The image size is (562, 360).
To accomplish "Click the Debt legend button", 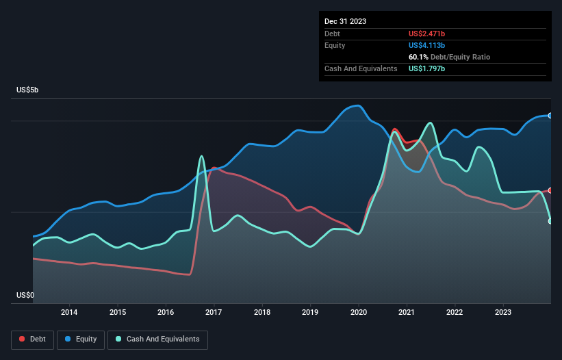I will (x=33, y=339).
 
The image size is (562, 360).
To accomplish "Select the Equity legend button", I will (x=81, y=339).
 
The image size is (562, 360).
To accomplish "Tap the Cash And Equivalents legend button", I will (x=157, y=339).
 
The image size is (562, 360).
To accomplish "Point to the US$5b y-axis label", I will (x=31, y=90).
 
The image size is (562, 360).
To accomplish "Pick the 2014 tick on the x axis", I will (x=69, y=313).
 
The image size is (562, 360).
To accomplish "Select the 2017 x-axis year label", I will (x=214, y=313).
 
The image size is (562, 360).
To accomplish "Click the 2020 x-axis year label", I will (x=359, y=313).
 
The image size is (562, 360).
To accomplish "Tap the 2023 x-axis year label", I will (x=503, y=313).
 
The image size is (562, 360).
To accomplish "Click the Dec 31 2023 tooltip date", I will (x=346, y=21).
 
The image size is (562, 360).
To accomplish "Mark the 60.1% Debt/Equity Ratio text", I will (x=449, y=57).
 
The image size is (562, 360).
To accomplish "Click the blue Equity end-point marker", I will (x=550, y=116).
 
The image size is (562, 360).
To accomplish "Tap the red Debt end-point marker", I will (x=550, y=190).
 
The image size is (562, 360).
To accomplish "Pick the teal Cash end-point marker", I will (x=550, y=221).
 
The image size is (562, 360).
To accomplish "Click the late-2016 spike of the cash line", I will (x=201, y=157).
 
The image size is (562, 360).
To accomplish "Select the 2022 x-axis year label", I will (x=455, y=313).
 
